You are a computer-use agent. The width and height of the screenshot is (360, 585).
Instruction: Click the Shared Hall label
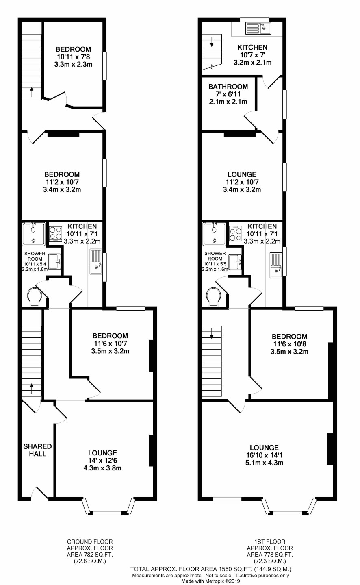38,450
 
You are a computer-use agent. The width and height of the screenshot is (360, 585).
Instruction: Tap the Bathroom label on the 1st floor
228,87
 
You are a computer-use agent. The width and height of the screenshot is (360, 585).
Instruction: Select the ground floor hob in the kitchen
56,233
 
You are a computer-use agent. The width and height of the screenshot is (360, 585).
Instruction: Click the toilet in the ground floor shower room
35,297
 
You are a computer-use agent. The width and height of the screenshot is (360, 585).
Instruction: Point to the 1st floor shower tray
214,234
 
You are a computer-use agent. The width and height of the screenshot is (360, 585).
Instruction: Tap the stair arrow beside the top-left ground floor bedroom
32,92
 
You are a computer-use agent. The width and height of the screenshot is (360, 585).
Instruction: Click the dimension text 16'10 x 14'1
264,455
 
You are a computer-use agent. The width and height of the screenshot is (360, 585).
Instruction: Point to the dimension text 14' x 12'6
102,461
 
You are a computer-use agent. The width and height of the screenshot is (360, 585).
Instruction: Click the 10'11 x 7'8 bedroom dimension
74,57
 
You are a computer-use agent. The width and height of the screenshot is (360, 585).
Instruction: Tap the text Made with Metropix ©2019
210,581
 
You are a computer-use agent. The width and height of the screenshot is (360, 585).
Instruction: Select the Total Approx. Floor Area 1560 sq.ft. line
210,569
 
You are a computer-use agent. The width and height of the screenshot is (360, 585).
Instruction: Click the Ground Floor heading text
90,542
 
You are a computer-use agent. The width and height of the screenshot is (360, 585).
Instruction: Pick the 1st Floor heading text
270,542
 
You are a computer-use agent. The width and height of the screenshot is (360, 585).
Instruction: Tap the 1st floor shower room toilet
214,297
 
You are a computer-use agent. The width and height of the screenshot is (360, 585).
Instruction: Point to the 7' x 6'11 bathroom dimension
228,94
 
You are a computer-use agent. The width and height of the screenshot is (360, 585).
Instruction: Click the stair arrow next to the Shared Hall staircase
32,388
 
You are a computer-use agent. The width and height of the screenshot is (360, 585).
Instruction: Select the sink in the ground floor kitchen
96,262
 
